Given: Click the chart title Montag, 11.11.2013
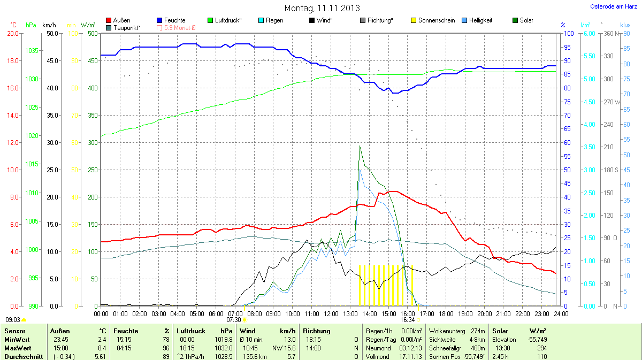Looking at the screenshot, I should click(322, 8).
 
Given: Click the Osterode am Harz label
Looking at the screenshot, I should click(613, 6).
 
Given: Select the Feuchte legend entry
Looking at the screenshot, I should click(174, 20).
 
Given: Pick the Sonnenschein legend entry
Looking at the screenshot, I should click(437, 20).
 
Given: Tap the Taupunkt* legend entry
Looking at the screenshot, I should click(127, 27).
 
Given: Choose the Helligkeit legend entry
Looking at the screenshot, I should click(480, 20).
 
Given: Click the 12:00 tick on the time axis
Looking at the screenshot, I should click(331, 313).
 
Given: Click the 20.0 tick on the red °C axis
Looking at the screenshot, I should click(12, 33).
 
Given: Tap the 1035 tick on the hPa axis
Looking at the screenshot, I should click(31, 51).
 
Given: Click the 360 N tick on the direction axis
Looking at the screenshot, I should click(607, 33).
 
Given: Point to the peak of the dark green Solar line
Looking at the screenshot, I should click(360, 145).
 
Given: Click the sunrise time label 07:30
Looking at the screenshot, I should click(234, 320).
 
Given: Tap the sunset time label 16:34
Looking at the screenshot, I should click(407, 320).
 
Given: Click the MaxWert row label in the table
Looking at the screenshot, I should click(17, 348).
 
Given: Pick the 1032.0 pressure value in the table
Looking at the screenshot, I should click(223, 348).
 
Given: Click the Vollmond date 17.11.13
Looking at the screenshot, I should click(411, 356).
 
